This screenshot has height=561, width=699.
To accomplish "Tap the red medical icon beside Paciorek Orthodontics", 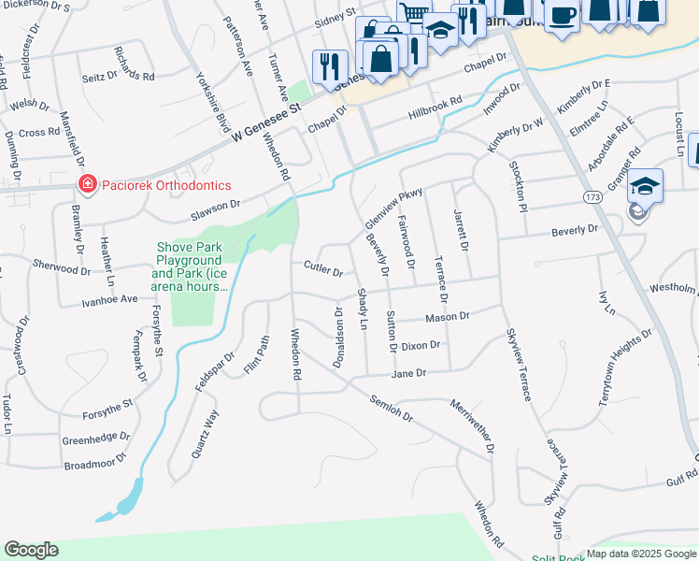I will point(87,185).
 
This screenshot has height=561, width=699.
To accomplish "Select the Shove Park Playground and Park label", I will point(191,267).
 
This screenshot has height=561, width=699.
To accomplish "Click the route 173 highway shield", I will point(592,197).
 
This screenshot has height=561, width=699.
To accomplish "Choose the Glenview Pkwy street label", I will point(393,206).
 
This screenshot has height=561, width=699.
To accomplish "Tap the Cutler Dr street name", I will point(323,268).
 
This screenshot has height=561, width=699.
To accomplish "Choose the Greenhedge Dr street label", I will point(96,438).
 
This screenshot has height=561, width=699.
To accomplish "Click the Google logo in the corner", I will point(31,550).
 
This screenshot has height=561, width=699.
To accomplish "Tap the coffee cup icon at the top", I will point(563,15).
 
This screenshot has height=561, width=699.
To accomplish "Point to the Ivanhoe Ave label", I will point(109,299).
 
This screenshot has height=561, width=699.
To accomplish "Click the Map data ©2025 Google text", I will point(642,554).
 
